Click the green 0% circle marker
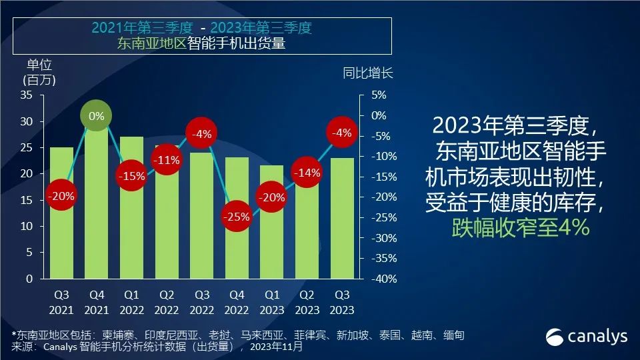coord(97,116)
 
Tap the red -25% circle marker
coord(237,216)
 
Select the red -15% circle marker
coord(131,176)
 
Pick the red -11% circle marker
coord(167,160)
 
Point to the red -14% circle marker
coord(307,173)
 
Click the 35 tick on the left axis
coord(26,95)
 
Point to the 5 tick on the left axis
coord(29,253)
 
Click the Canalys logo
coord(587,336)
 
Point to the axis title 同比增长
coord(368,73)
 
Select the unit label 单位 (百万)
coord(39,72)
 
